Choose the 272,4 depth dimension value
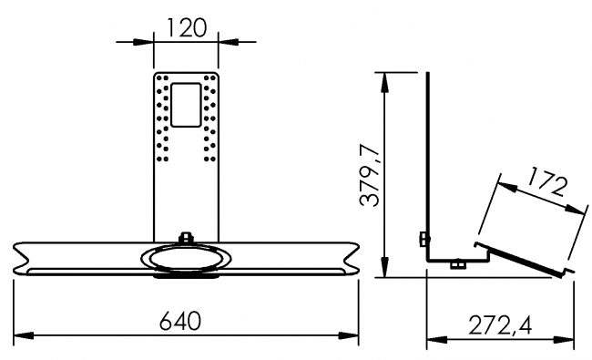(x=500, y=324)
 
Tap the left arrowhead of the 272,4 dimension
(x=435, y=340)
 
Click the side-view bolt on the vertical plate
(x=422, y=240)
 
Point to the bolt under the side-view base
(x=456, y=265)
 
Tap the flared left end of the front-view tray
(x=27, y=257)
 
